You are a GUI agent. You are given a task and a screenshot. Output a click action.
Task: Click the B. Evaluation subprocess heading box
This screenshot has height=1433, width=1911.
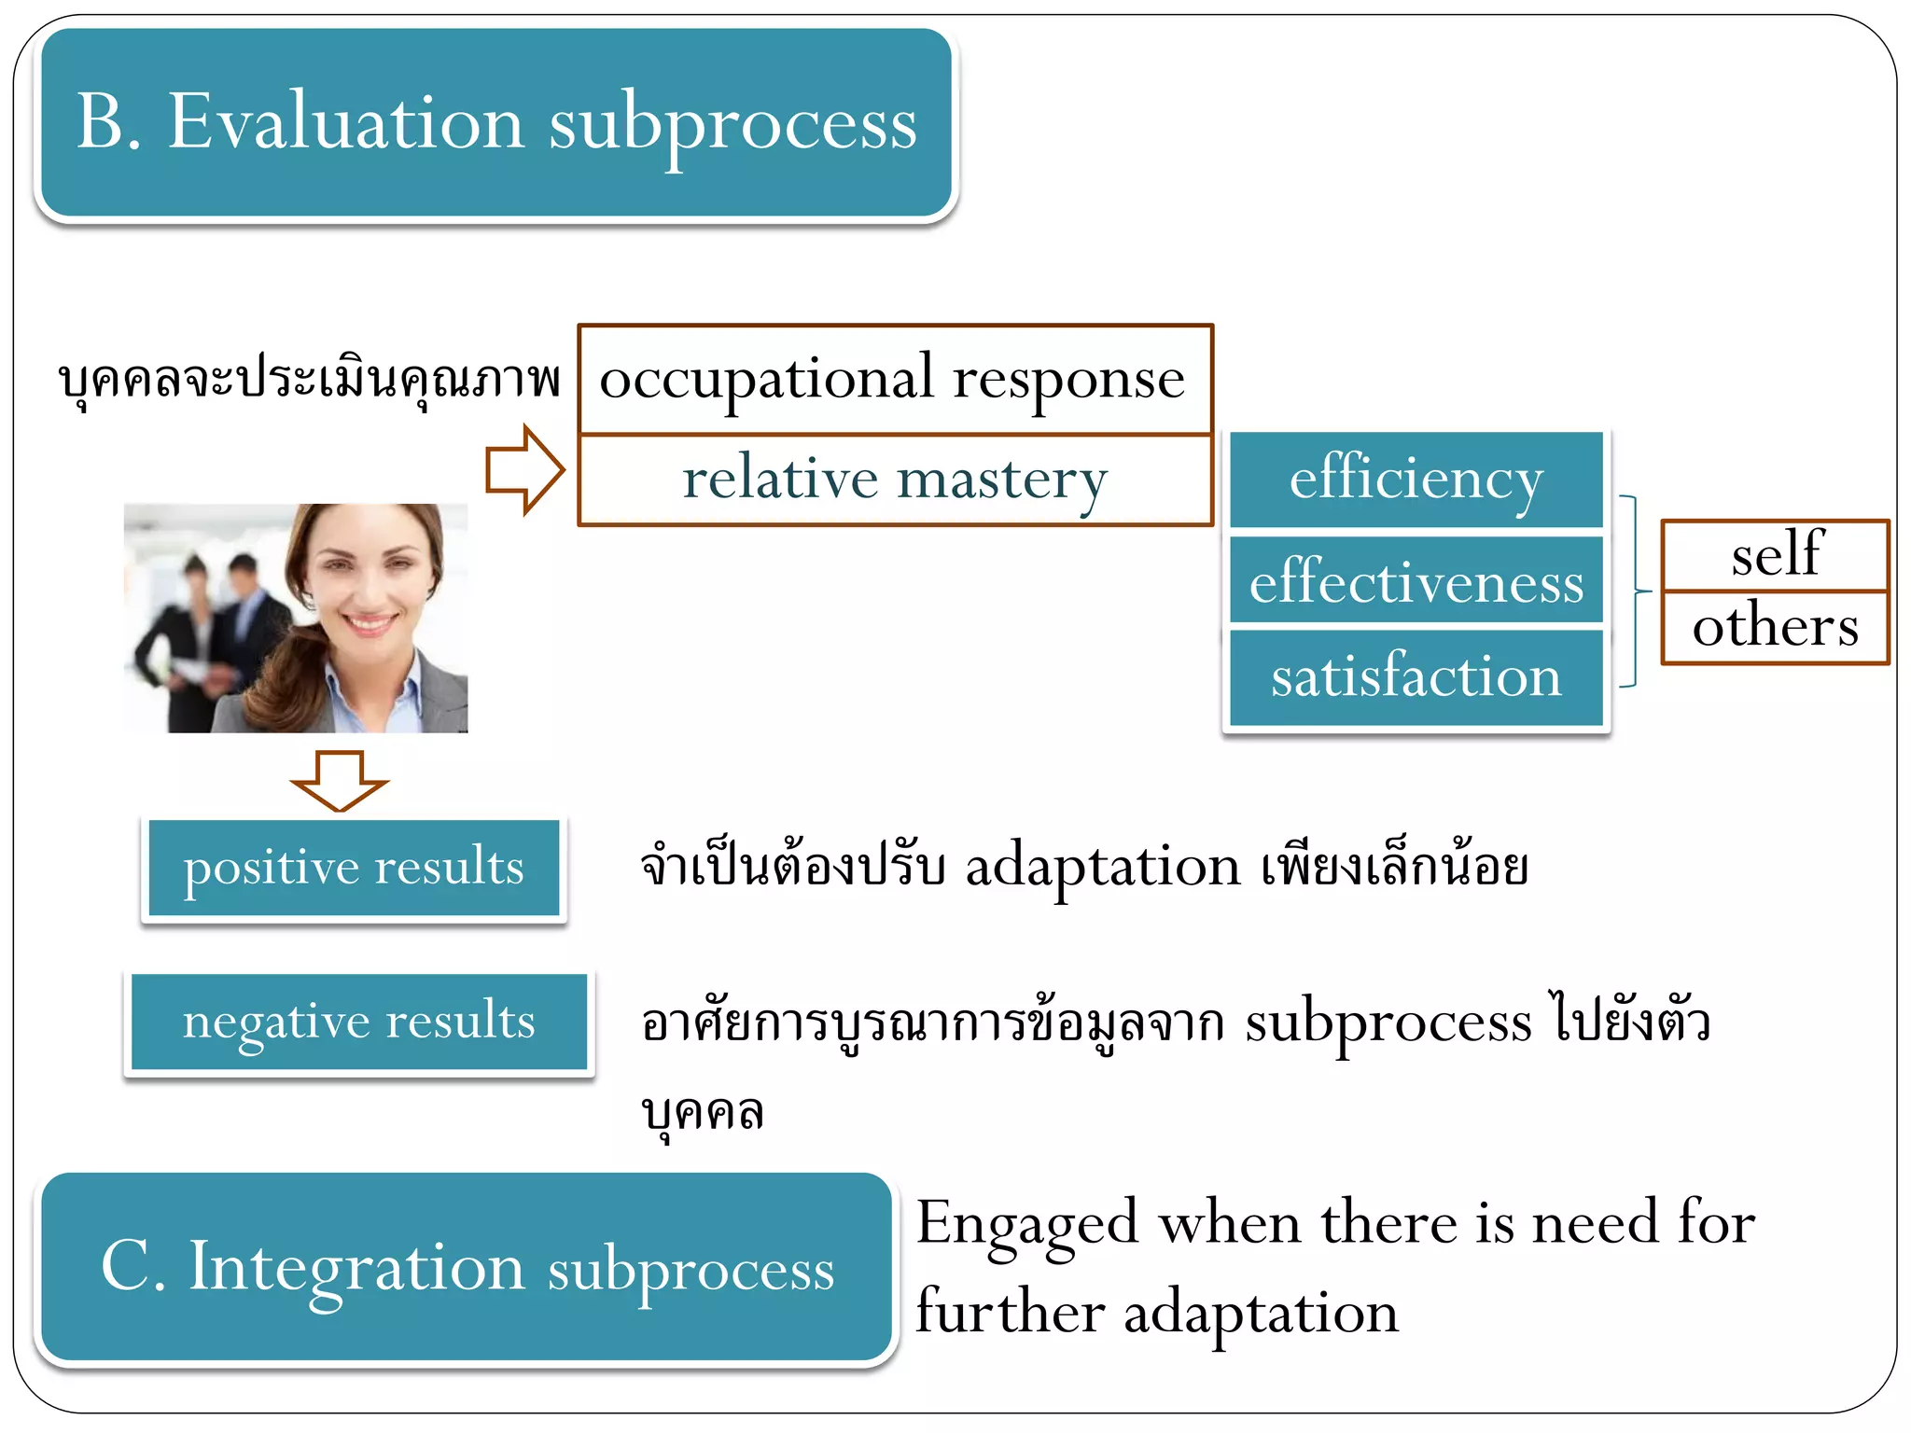click(x=495, y=123)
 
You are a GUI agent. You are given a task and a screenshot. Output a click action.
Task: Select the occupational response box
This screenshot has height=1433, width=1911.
click(x=894, y=380)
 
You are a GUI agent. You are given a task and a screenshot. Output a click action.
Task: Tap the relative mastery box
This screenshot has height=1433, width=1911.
click(x=894, y=480)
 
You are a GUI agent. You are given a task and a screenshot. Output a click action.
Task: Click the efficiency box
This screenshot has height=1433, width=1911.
click(x=1416, y=480)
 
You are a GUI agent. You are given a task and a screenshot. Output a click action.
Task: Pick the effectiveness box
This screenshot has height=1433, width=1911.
click(x=1416, y=581)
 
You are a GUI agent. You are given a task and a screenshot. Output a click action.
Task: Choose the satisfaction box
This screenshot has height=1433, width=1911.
click(x=1416, y=676)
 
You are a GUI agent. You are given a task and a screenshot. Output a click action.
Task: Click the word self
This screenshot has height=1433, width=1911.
click(x=1776, y=555)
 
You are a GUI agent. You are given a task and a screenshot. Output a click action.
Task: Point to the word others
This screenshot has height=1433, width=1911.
click(x=1776, y=626)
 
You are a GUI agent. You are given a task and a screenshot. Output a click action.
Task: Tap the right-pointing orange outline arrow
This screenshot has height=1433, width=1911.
click(x=524, y=469)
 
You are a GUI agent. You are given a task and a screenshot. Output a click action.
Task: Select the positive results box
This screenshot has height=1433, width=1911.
click(x=354, y=868)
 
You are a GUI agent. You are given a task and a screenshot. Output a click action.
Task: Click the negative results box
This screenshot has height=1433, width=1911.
click(x=359, y=1022)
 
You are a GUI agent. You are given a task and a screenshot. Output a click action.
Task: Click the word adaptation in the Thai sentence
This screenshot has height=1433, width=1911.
click(x=1102, y=867)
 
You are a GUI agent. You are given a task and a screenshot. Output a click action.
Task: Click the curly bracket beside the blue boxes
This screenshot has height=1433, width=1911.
click(x=1634, y=591)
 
